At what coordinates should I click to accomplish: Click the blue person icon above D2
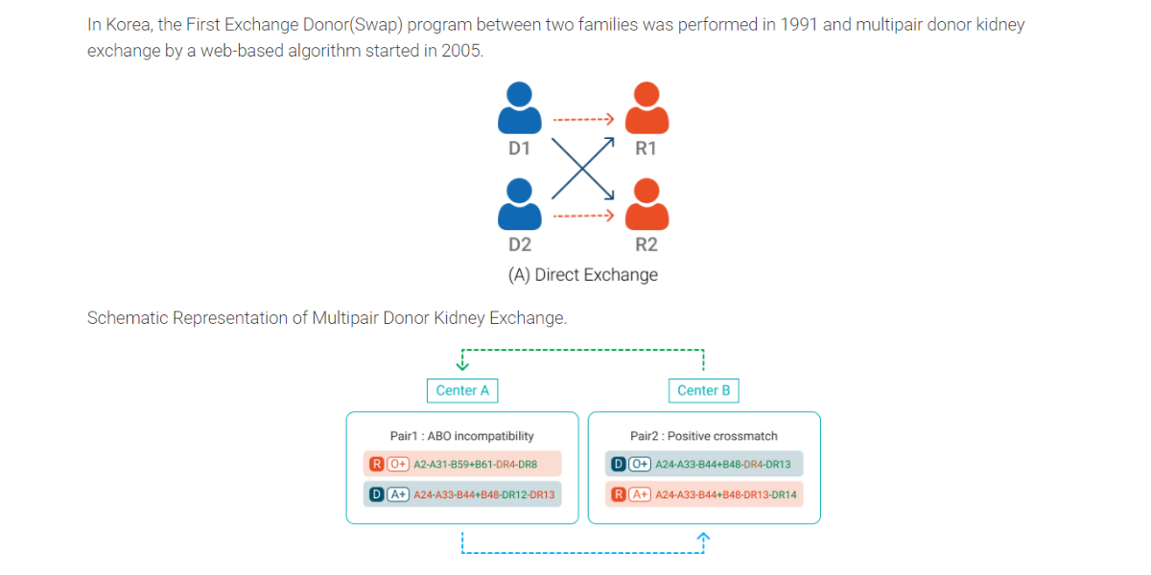(x=520, y=204)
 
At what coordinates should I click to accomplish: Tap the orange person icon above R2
(x=646, y=204)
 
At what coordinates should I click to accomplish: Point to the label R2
(x=646, y=244)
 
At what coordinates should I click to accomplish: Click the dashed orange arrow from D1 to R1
(x=583, y=119)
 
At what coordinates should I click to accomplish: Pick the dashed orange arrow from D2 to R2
(x=583, y=216)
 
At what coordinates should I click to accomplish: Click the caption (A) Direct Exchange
(x=583, y=275)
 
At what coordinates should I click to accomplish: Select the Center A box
(x=462, y=391)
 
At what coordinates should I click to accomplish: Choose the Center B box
(x=704, y=391)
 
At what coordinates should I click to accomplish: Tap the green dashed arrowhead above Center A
(x=462, y=365)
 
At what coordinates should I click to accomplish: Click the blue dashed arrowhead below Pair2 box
(x=703, y=537)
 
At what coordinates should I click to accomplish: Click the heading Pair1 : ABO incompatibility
(x=462, y=436)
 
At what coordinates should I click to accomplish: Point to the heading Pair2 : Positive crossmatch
(x=704, y=436)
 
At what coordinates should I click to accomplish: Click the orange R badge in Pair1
(x=377, y=464)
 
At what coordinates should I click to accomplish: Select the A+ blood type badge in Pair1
(x=398, y=494)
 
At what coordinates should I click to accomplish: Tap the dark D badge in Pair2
(x=618, y=464)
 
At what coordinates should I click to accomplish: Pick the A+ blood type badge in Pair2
(x=640, y=494)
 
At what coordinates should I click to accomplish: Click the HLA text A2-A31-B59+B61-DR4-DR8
(x=476, y=465)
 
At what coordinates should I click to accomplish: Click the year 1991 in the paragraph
(x=799, y=25)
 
